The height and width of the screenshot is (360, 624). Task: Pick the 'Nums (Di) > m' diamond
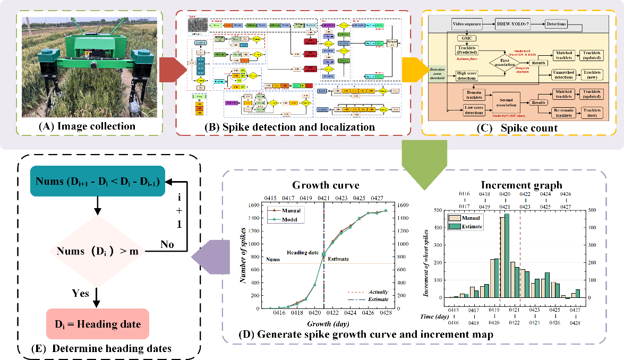click(97, 250)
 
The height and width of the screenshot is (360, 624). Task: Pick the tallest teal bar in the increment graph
click(507, 255)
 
